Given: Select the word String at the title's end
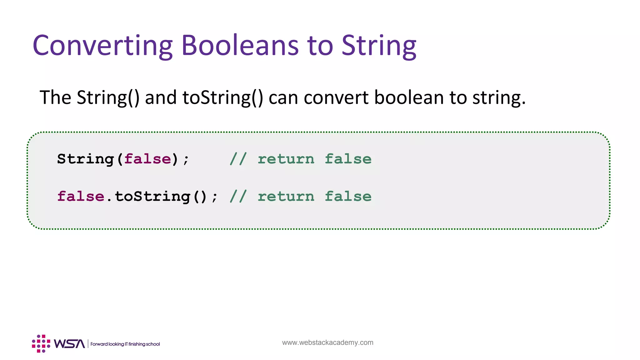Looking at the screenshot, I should pos(379,46).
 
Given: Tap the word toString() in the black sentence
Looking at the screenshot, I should pos(223,97).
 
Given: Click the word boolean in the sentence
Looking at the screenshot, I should pos(409,97).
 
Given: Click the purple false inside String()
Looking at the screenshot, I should pos(148,159).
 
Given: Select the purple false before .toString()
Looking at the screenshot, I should pos(81,197).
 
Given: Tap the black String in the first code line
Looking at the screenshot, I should pos(85,159).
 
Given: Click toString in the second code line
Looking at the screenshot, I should pos(152,197).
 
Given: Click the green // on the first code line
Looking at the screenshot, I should pos(238,159).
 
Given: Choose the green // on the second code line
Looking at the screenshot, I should pos(238,197).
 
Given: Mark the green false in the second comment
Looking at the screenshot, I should pos(348,197).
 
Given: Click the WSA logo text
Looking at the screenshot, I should pos(69,344).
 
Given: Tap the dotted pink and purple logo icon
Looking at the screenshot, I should pos(41,343).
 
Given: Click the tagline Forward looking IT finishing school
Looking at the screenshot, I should pos(125,344).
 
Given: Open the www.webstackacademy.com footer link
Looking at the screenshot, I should pos(327,342).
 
